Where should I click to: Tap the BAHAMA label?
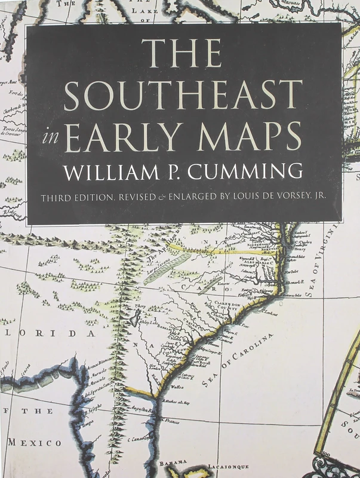pos(173,461)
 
